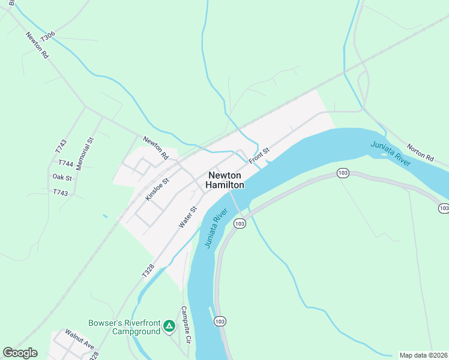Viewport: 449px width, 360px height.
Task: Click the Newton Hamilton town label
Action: coord(225,180)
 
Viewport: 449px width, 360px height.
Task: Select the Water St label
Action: coord(188,217)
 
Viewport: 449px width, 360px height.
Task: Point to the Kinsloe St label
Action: coord(158,188)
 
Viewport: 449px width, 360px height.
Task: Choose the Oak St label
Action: coord(62,178)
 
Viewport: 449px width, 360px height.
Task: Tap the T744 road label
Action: coord(65,163)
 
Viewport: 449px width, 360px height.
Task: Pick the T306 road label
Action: coord(47,37)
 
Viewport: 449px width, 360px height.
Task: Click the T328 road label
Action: coord(148,270)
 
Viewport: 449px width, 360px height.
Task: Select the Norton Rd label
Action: coord(420,152)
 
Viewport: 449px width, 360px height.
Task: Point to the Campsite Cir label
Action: coord(186,325)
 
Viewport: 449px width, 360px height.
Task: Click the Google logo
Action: coord(20,353)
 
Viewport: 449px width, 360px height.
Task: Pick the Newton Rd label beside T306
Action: coord(37,45)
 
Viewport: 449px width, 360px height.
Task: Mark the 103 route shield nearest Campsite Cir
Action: coord(220,322)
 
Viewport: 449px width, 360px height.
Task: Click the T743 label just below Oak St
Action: coord(61,193)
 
